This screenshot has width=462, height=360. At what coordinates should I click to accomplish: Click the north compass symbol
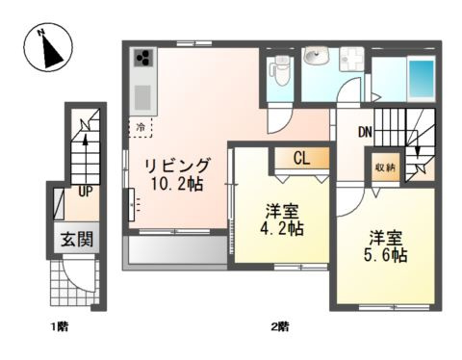coord(48,47)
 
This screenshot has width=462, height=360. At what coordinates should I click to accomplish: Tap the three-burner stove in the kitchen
coord(143,58)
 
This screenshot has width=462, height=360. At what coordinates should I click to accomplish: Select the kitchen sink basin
coord(142,97)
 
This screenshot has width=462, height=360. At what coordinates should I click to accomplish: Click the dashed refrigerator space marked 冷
coord(141,127)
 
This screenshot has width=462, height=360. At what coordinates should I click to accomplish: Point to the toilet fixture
coord(280,70)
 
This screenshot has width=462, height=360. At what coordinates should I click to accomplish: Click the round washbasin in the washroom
coord(316,56)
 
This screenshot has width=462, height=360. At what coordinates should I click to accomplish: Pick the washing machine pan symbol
coord(352,59)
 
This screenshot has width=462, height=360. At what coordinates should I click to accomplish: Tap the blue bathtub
coord(421,77)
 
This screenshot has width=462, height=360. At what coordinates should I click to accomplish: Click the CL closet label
coord(301,158)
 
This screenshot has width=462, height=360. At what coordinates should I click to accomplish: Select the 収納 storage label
coord(386,167)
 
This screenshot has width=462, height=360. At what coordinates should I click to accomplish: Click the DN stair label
coord(365,132)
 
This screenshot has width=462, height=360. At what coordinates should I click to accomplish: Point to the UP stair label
coord(86,192)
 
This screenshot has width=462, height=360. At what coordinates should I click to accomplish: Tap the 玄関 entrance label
coord(77,239)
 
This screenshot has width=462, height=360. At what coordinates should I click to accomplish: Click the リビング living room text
coord(177,166)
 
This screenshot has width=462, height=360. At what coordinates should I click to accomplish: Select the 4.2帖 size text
coord(282,229)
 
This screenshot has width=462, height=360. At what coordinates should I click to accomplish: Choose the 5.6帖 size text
coord(386,255)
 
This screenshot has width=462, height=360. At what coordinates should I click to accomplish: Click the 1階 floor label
coord(60,327)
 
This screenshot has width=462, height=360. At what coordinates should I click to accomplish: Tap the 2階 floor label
coord(280,327)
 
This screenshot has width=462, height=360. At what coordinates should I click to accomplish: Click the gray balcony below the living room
coord(175,251)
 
